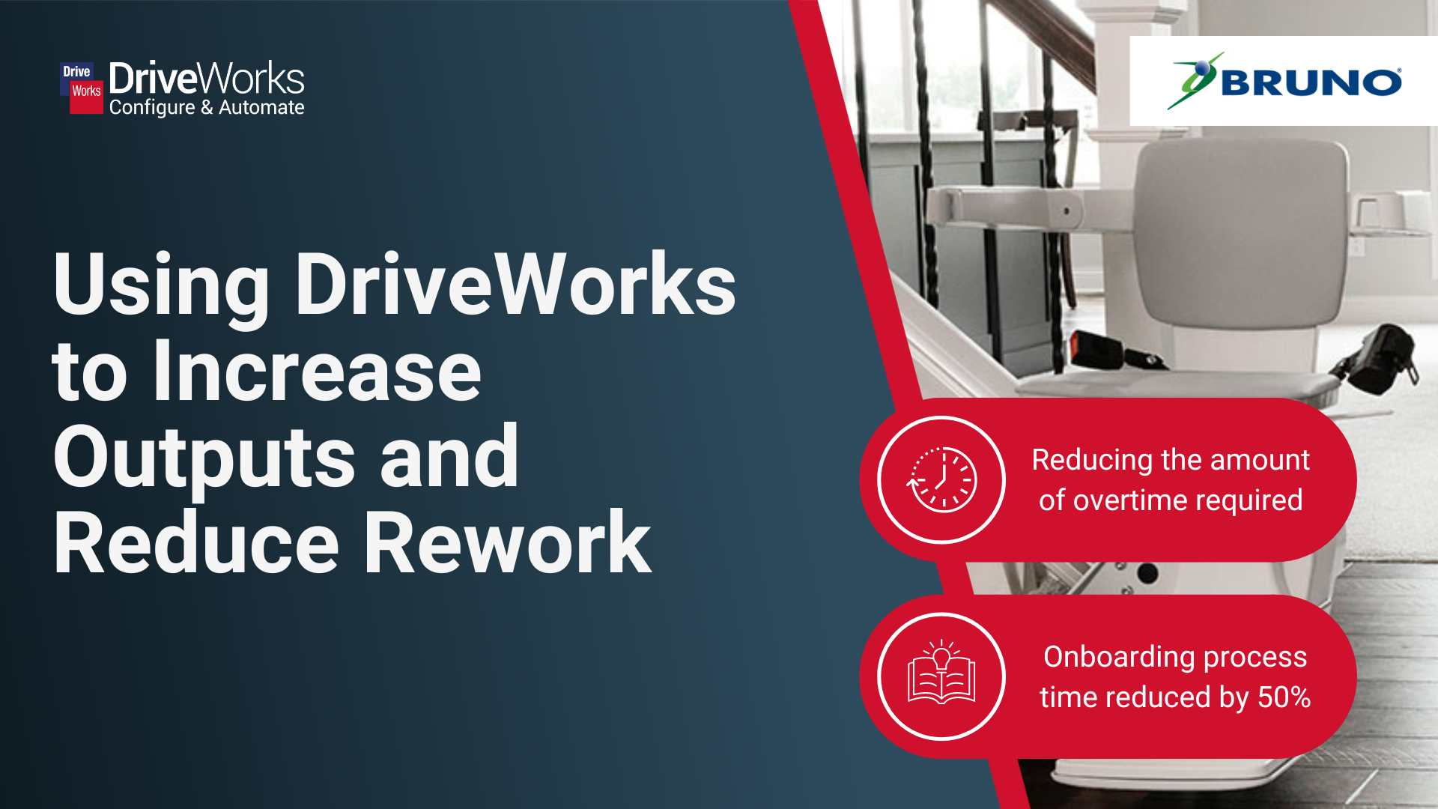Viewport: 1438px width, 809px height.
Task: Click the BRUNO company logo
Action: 1284,81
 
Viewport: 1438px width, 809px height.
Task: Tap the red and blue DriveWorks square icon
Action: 82,88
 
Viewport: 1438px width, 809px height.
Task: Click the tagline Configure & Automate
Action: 207,108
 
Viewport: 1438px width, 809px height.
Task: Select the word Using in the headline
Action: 161,287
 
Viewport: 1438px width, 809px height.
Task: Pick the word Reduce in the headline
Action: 196,542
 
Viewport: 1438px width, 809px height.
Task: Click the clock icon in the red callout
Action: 941,479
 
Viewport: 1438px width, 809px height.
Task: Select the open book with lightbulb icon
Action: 941,672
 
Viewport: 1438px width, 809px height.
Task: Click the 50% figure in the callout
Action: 1284,697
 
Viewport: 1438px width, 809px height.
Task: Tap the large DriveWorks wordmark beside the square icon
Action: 207,78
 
